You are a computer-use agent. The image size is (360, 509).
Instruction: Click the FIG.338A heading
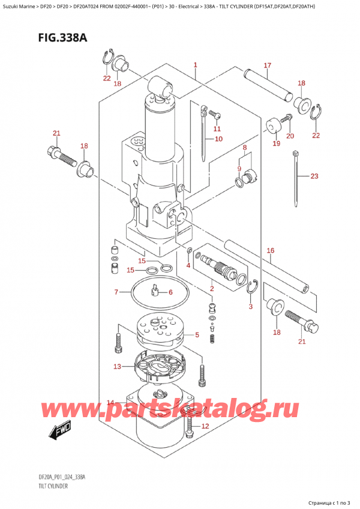tap(62, 38)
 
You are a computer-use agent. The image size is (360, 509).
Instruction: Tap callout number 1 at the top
tap(196, 65)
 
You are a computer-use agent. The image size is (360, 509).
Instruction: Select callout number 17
tap(267, 65)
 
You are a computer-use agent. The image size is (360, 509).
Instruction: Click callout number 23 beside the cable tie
tap(314, 176)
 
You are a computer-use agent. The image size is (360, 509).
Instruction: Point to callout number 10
tap(219, 139)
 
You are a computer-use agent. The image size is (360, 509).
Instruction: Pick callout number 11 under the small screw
tap(217, 129)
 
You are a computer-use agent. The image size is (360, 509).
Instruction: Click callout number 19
tap(276, 143)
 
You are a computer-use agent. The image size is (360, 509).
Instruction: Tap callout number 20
tap(290, 136)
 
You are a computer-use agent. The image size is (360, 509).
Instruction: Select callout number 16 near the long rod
tap(271, 250)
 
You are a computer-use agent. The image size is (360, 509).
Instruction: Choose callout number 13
tap(117, 367)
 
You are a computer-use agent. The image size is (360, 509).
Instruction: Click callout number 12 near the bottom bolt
tap(205, 426)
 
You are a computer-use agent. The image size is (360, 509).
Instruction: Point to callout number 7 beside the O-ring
tap(116, 292)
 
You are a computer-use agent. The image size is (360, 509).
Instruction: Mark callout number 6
tap(170, 292)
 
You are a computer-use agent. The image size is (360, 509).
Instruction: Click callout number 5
tap(197, 335)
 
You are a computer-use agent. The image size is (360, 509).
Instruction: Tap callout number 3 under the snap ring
tap(250, 307)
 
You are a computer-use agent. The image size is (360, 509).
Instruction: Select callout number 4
tap(188, 265)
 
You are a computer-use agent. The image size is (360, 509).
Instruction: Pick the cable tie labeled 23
tap(296, 178)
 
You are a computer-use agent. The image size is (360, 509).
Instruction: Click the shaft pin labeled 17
tap(269, 85)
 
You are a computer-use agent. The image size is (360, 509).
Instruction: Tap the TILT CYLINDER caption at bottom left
tap(53, 486)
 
